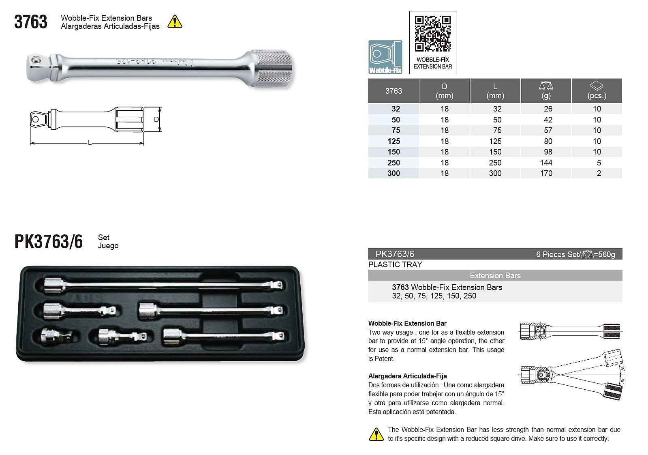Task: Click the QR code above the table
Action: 432,34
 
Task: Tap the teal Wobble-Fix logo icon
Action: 385,57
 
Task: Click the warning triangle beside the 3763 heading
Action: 175,21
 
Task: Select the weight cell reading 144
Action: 546,163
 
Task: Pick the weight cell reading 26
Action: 548,109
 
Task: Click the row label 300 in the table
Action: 394,173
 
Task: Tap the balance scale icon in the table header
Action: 546,86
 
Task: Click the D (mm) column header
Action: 444,91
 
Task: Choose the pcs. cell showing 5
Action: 599,163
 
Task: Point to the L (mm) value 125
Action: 495,141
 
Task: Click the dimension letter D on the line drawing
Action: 156,119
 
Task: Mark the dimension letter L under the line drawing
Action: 90,143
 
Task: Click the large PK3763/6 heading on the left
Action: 49,242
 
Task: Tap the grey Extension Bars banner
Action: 495,275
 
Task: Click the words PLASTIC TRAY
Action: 395,264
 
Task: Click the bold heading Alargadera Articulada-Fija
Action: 407,376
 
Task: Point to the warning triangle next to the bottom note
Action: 376,434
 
